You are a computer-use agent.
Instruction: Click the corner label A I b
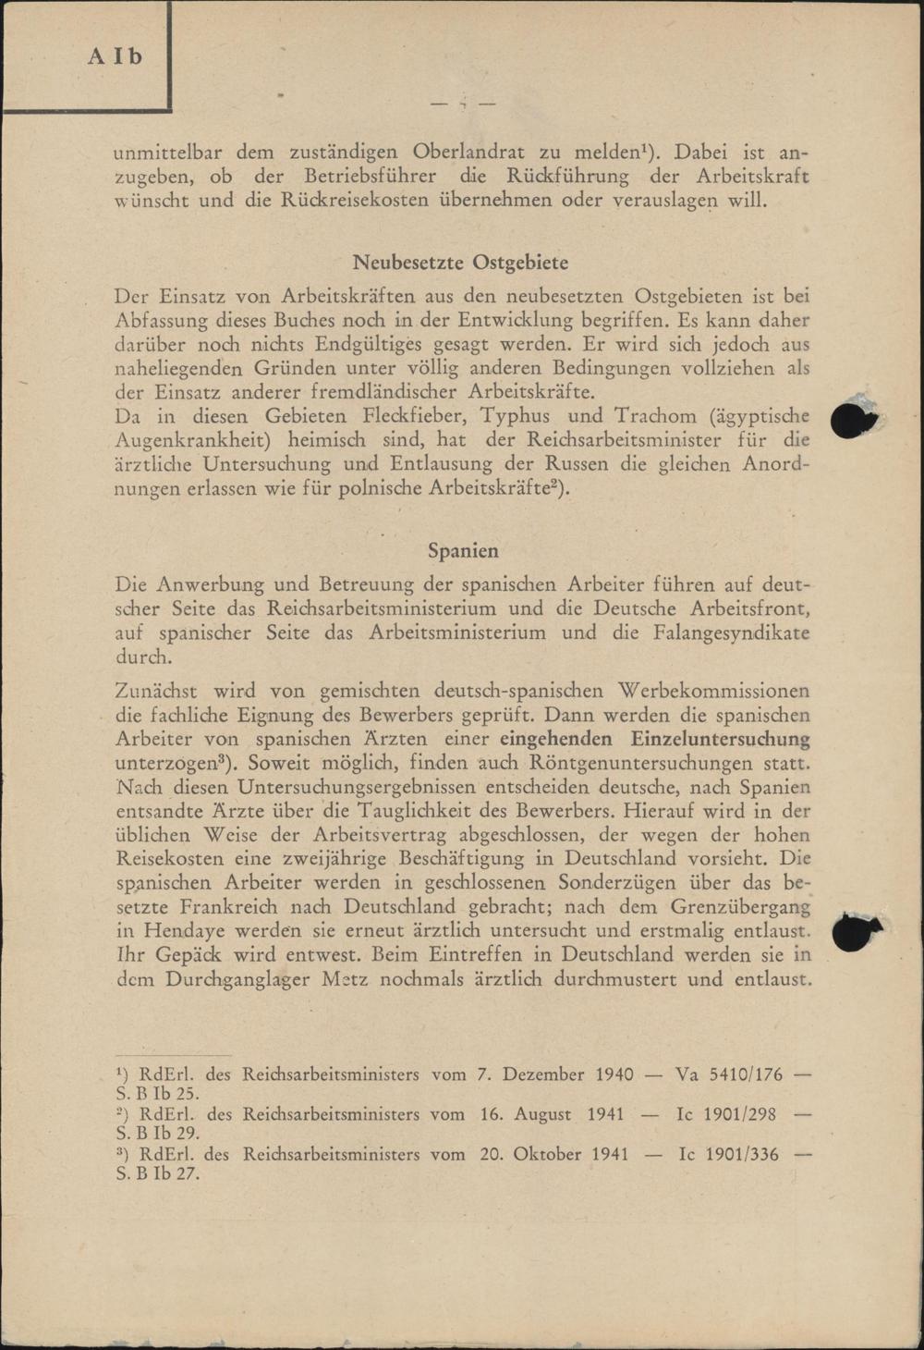pos(115,56)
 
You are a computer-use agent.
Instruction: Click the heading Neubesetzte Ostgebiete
pos(461,263)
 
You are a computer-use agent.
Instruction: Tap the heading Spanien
pos(463,551)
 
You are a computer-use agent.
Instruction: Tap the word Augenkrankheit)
pos(191,440)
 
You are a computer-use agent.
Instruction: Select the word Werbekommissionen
pos(713,691)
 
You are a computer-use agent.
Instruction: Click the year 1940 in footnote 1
pos(614,1074)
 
